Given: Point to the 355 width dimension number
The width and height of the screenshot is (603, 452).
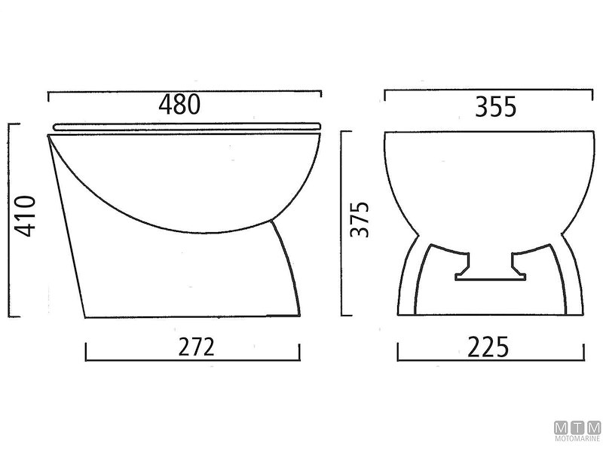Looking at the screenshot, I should [494, 107].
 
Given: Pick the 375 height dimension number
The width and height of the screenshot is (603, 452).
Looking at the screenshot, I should [363, 219].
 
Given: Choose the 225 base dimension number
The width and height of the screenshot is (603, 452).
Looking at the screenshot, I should [488, 347].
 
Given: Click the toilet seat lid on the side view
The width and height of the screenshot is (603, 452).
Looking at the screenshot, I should [187, 125].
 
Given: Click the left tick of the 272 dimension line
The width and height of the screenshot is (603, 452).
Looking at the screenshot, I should [87, 351].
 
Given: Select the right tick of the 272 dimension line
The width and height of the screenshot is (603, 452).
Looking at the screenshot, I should [300, 351].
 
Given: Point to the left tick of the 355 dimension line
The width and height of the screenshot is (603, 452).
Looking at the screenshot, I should [385, 96].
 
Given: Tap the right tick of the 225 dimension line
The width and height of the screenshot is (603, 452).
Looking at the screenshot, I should [583, 351].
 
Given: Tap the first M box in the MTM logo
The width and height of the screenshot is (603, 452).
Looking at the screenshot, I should [562, 428].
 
